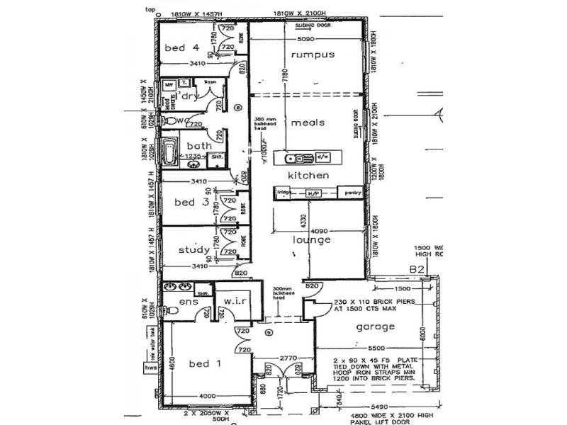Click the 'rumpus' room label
coord(311,55)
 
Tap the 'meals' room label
coord(308,123)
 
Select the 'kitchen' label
coord(308,174)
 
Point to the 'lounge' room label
coord(312,239)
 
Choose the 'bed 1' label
coord(205,363)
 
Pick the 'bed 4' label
coord(181,48)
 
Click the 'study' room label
coord(193,249)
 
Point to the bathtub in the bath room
coord(170,152)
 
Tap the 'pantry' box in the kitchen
coord(353,193)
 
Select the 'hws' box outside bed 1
coord(150,368)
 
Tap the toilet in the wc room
coord(168,121)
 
